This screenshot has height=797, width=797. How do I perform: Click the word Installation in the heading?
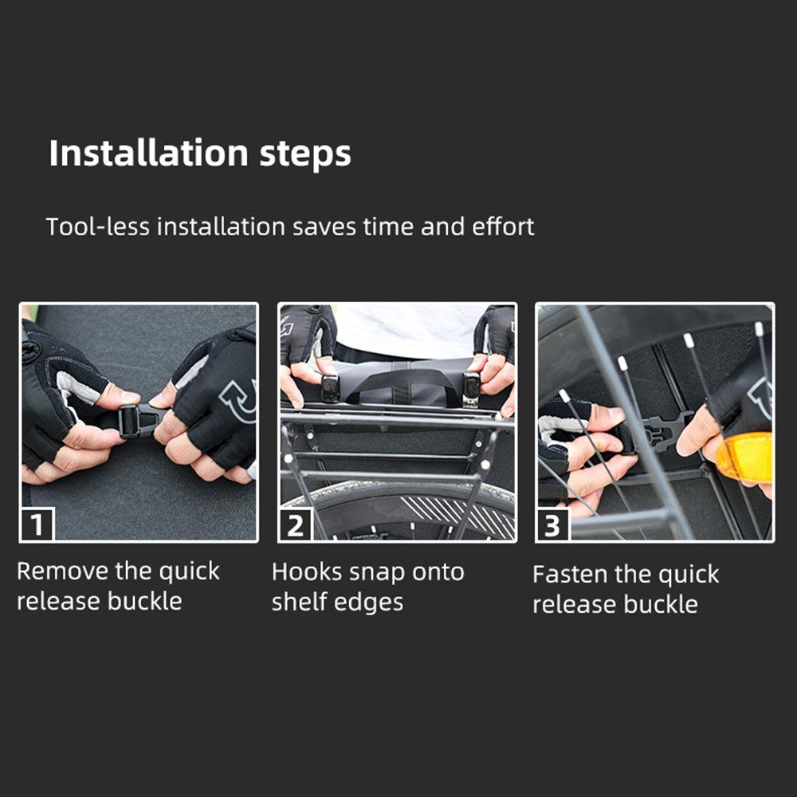(148, 153)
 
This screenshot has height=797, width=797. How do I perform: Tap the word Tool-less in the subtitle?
(98, 226)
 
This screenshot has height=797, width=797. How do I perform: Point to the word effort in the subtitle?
(503, 226)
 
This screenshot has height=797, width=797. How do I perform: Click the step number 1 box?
(37, 524)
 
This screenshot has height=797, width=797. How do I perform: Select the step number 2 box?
(296, 524)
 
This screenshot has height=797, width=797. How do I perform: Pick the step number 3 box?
(553, 524)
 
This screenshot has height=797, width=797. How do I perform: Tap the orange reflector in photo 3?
(744, 457)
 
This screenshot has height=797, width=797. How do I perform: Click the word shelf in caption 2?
(300, 602)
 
